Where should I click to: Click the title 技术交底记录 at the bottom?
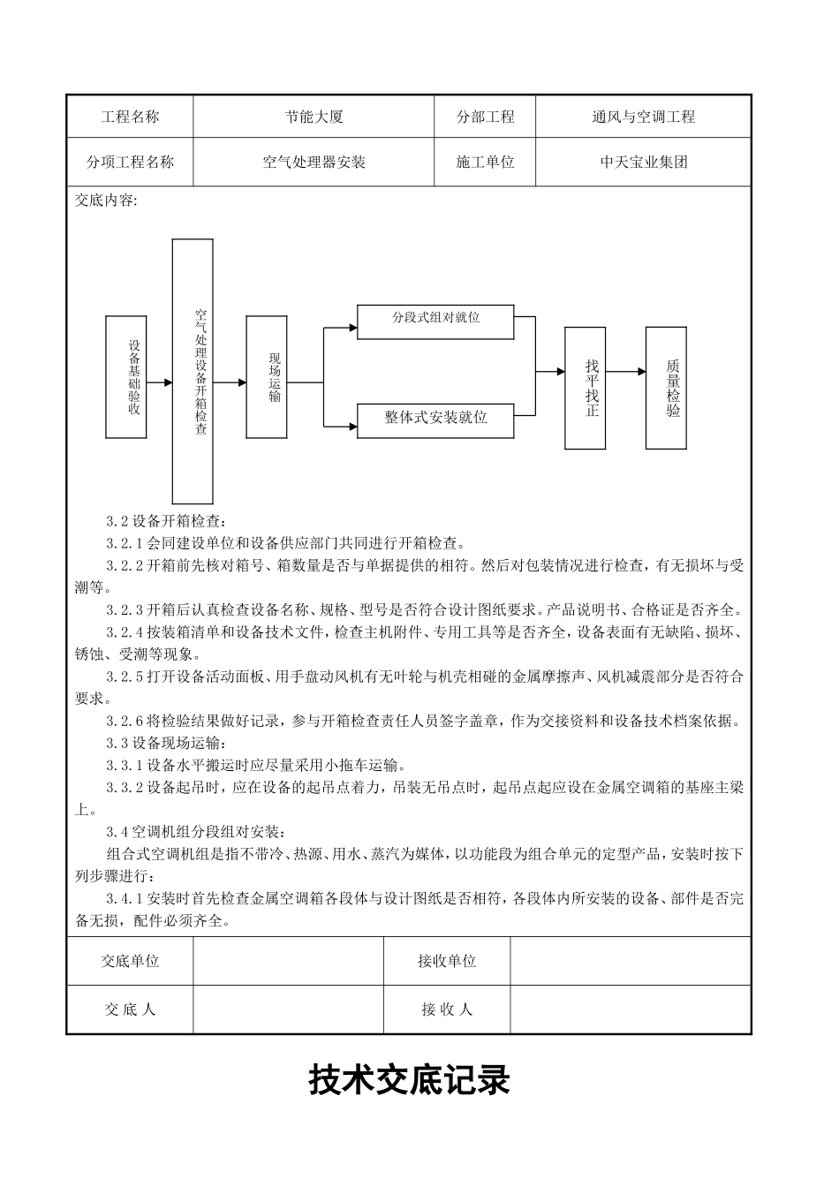tap(410, 1080)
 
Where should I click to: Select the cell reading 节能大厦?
tap(314, 117)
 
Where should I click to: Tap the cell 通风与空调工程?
tap(643, 117)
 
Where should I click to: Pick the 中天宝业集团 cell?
tap(643, 163)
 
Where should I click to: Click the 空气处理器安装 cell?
tap(314, 163)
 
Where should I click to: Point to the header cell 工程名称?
tap(130, 117)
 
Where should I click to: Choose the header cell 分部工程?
tap(485, 117)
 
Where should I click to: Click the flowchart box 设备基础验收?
tap(126, 377)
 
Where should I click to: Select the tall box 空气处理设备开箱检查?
tap(193, 371)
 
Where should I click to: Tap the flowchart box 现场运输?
tap(267, 377)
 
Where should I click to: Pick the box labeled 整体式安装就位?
tap(435, 420)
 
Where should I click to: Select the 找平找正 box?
tap(586, 388)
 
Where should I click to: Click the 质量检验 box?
tap(666, 388)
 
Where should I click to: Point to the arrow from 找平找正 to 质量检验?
tap(626, 373)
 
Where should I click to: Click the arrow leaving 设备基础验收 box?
tap(160, 382)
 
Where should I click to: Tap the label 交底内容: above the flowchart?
tap(106, 200)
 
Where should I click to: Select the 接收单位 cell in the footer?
tap(447, 961)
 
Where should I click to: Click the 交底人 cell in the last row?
tap(130, 1009)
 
